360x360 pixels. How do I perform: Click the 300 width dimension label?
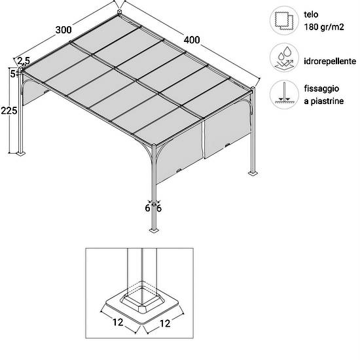pyautogui.click(x=63, y=30)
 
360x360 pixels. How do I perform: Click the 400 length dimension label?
pyautogui.click(x=192, y=40)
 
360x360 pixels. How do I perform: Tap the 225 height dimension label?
pyautogui.click(x=9, y=111)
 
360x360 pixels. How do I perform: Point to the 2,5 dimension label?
pyautogui.click(x=24, y=61)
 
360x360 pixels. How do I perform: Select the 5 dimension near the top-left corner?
pyautogui.click(x=13, y=74)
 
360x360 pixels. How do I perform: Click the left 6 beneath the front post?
pyautogui.click(x=148, y=208)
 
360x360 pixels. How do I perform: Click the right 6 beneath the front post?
pyautogui.click(x=159, y=208)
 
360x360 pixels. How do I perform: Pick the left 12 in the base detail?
pyautogui.click(x=118, y=322)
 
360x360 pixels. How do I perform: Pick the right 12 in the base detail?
pyautogui.click(x=165, y=323)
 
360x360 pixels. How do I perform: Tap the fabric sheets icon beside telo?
pyautogui.click(x=284, y=20)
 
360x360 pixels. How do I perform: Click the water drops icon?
pyautogui.click(x=284, y=58)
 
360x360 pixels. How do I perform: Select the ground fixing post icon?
pyautogui.click(x=284, y=94)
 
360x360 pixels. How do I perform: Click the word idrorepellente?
pyautogui.click(x=330, y=61)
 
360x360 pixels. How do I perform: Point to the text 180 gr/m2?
pyautogui.click(x=324, y=27)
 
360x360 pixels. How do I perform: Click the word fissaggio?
pyautogui.click(x=321, y=89)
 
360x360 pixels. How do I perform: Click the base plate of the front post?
pyautogui.click(x=154, y=230)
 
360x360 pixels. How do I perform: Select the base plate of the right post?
pyautogui.click(x=253, y=173)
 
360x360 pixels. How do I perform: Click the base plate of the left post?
pyautogui.click(x=21, y=153)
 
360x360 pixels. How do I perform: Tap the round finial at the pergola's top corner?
pyautogui.click(x=119, y=12)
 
